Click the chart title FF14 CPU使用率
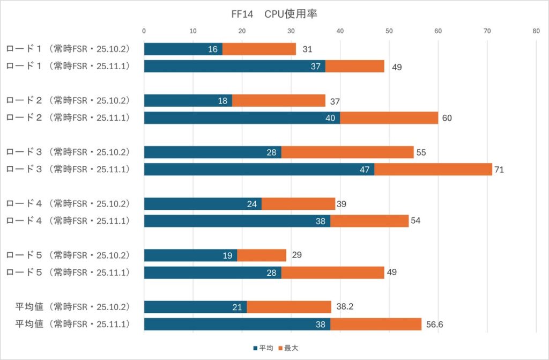pyautogui.click(x=274, y=14)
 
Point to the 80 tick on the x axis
pyautogui.click(x=536, y=31)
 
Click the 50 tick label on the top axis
pyautogui.click(x=389, y=31)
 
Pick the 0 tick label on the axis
pyautogui.click(x=144, y=31)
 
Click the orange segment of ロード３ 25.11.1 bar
pyautogui.click(x=433, y=170)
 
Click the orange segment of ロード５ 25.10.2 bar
pyautogui.click(x=262, y=255)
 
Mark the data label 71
pyautogui.click(x=500, y=170)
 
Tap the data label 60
pyautogui.click(x=447, y=118)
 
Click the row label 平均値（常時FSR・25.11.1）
pyautogui.click(x=72, y=324)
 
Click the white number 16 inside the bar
pyautogui.click(x=213, y=49)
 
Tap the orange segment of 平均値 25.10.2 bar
pyautogui.click(x=289, y=307)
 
